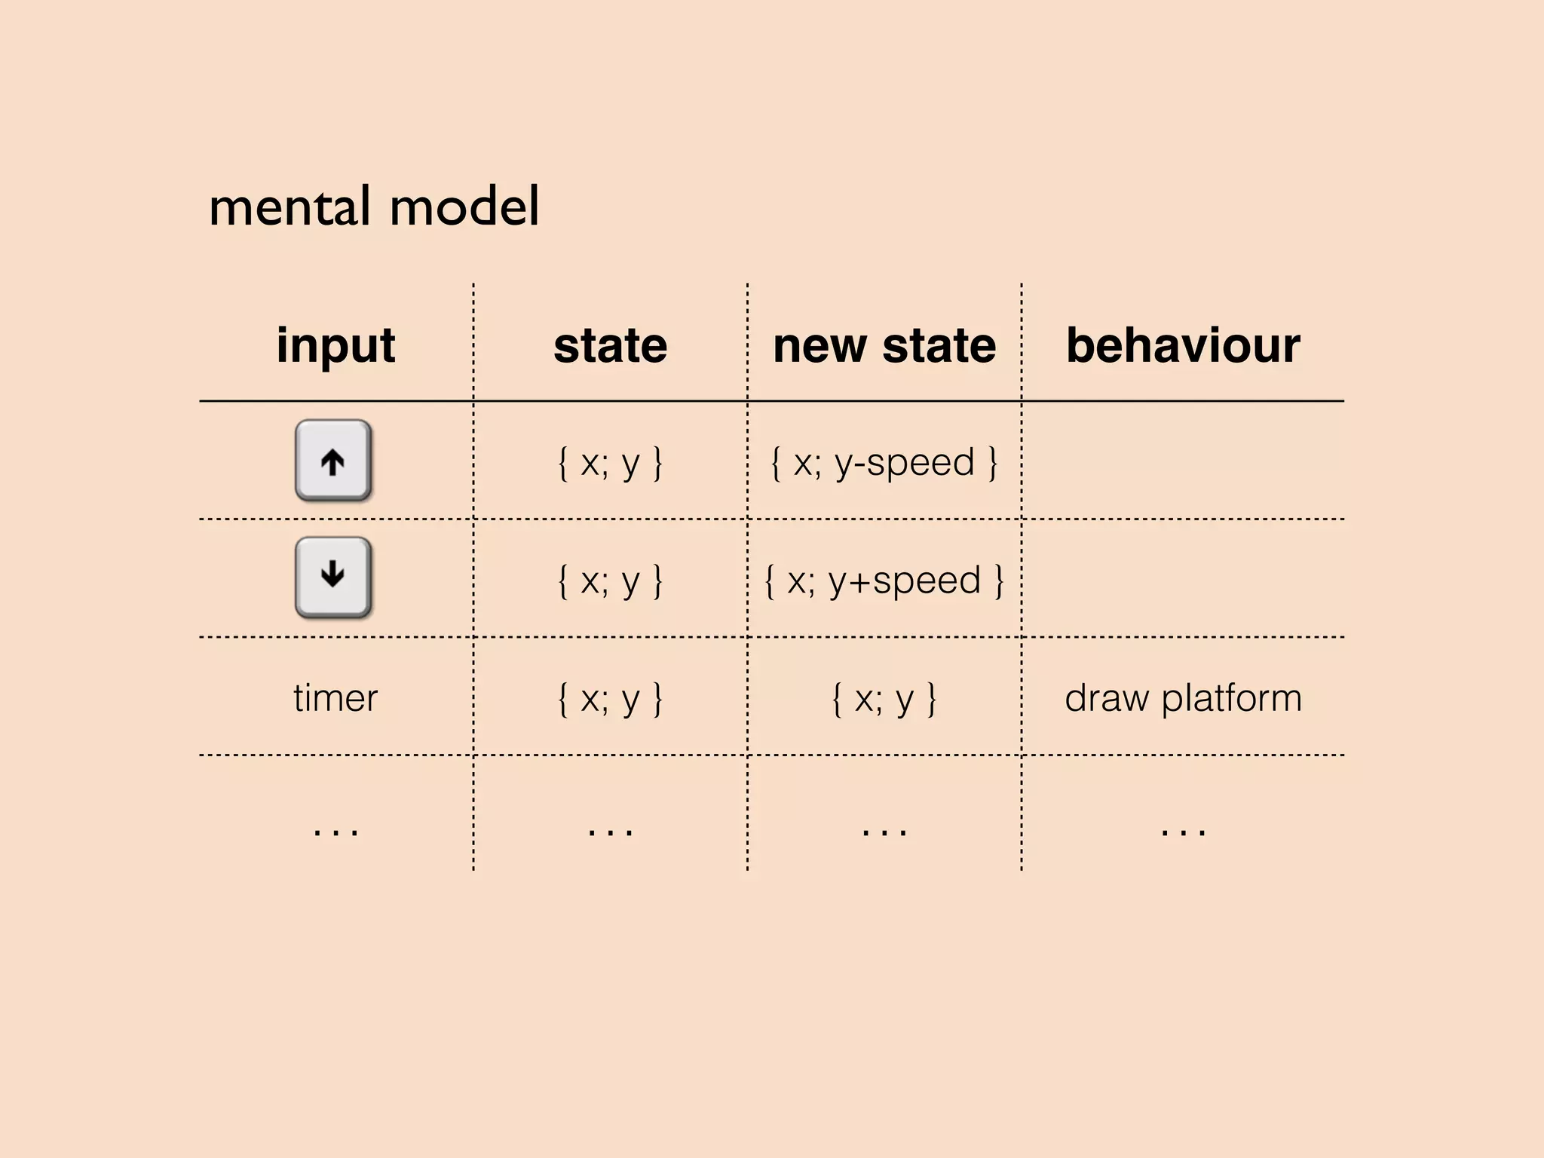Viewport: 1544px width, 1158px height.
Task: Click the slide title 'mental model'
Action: [x=374, y=206]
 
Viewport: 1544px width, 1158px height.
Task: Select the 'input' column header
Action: [x=335, y=345]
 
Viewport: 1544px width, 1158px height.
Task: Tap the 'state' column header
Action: [x=610, y=345]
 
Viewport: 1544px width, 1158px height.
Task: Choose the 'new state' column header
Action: [x=884, y=345]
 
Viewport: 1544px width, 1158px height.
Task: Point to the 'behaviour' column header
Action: [x=1183, y=345]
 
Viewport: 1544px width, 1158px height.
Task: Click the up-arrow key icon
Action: [x=332, y=461]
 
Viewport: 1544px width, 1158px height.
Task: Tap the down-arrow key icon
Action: [x=332, y=577]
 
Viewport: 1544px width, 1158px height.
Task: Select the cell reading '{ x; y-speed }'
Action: [x=884, y=462]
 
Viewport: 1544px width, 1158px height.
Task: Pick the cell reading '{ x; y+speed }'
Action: [x=884, y=581]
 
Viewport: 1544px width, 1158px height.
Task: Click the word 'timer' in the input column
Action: [x=335, y=698]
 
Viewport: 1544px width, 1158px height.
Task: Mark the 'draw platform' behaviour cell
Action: [x=1183, y=698]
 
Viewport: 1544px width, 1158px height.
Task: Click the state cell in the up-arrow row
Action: [x=610, y=462]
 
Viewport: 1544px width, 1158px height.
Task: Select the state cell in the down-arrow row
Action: [x=610, y=581]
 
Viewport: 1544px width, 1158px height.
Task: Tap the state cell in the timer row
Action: [x=610, y=698]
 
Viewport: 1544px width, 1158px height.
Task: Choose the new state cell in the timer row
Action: [x=884, y=698]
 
